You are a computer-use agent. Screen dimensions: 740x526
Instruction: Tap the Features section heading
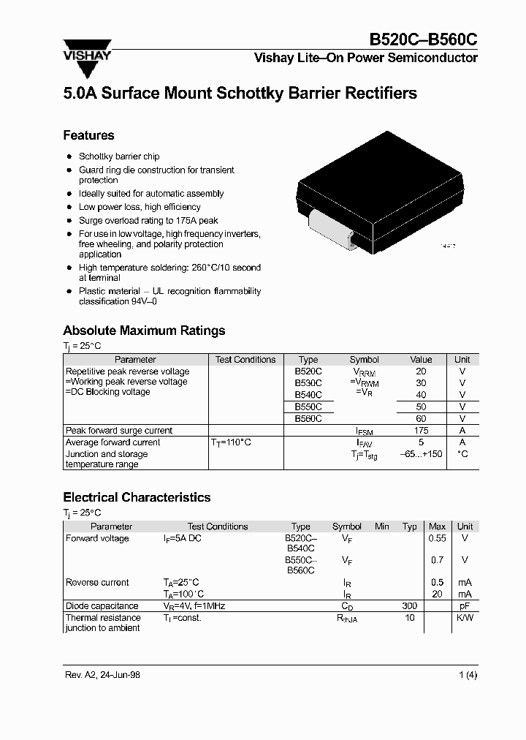click(88, 135)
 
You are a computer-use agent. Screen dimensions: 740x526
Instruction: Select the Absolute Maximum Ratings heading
click(144, 331)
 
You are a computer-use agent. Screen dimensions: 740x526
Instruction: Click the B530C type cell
click(308, 382)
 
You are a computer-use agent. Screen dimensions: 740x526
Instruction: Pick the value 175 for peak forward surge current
click(421, 431)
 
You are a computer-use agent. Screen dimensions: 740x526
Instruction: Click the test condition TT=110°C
click(232, 442)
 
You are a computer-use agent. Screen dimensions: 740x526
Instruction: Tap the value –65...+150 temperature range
click(421, 454)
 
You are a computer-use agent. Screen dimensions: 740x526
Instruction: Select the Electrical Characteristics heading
click(137, 497)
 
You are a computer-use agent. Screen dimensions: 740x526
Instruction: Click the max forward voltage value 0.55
click(437, 538)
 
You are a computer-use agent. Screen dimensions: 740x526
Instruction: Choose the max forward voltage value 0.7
click(437, 560)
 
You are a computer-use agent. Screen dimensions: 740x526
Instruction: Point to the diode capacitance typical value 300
click(409, 606)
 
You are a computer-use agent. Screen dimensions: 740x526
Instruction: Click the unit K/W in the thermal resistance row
click(465, 618)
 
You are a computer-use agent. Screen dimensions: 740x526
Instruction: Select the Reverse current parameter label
click(97, 583)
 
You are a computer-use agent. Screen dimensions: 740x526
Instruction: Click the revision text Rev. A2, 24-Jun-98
click(102, 675)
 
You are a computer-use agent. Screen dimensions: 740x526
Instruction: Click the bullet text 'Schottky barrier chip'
click(119, 156)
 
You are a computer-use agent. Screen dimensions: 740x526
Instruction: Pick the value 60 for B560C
click(421, 419)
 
